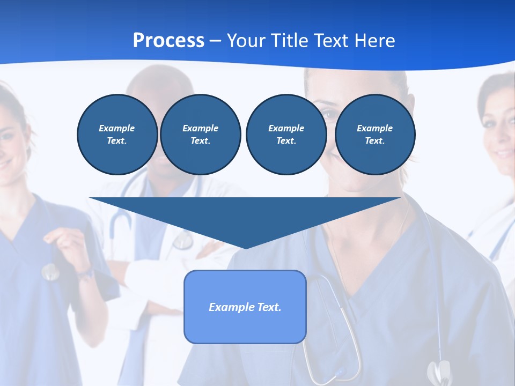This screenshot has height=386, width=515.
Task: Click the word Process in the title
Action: pyautogui.click(x=168, y=40)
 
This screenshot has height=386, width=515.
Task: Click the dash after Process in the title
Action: pyautogui.click(x=215, y=41)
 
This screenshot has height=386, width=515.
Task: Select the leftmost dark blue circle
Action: pyautogui.click(x=117, y=135)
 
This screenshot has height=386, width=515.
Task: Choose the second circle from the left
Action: pyautogui.click(x=200, y=135)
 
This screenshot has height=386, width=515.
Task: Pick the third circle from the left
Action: pyautogui.click(x=286, y=135)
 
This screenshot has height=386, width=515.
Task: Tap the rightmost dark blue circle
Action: pyautogui.click(x=374, y=135)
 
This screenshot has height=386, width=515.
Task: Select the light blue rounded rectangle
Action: pyautogui.click(x=245, y=307)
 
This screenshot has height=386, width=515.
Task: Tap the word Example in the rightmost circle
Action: pyautogui.click(x=374, y=128)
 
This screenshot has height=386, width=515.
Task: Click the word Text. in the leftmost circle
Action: pyautogui.click(x=117, y=141)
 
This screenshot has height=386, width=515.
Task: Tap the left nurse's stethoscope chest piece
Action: pyautogui.click(x=50, y=272)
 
